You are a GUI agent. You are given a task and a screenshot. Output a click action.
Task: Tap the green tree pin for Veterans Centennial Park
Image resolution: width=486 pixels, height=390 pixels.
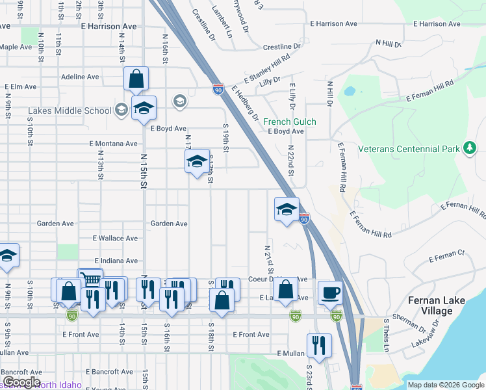click(469, 149)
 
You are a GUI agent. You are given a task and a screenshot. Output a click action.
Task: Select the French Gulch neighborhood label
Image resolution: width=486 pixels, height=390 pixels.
click(290, 122)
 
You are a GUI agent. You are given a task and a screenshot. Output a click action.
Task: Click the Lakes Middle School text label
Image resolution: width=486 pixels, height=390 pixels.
click(70, 110)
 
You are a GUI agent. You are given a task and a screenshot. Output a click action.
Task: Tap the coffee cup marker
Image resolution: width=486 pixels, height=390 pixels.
click(330, 292)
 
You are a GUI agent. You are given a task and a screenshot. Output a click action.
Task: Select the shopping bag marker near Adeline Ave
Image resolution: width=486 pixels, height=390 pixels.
click(136, 79)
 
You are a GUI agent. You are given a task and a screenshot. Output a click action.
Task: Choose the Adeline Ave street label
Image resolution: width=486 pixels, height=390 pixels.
click(80, 77)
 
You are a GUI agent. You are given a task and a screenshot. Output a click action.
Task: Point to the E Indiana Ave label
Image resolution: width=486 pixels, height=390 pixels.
click(116, 261)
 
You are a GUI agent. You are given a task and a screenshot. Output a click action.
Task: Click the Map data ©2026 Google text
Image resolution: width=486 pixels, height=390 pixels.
click(446, 385)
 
